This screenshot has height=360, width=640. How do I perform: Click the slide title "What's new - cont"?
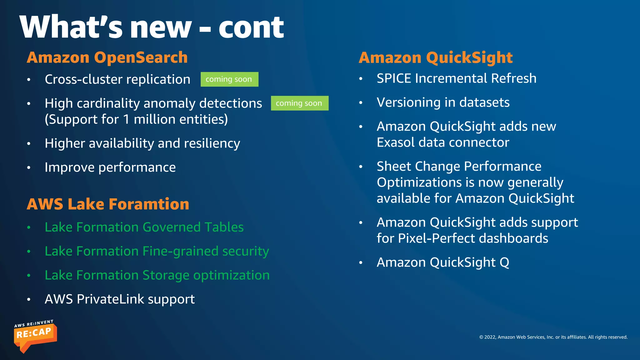(x=152, y=27)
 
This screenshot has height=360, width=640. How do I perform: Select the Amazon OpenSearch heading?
(x=107, y=57)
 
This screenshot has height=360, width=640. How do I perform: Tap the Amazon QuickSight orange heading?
(x=436, y=57)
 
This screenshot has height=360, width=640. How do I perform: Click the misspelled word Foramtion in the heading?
(x=149, y=204)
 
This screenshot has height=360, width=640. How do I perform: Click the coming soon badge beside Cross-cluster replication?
(x=229, y=79)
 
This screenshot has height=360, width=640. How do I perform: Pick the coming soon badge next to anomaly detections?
(x=299, y=103)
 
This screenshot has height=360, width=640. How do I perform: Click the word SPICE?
(x=394, y=78)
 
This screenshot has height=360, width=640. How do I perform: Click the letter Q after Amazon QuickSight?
(x=504, y=262)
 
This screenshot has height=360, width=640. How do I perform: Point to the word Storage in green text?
(x=166, y=275)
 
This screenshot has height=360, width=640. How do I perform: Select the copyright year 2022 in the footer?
(x=490, y=337)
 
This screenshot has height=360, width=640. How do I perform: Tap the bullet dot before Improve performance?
(x=29, y=168)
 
